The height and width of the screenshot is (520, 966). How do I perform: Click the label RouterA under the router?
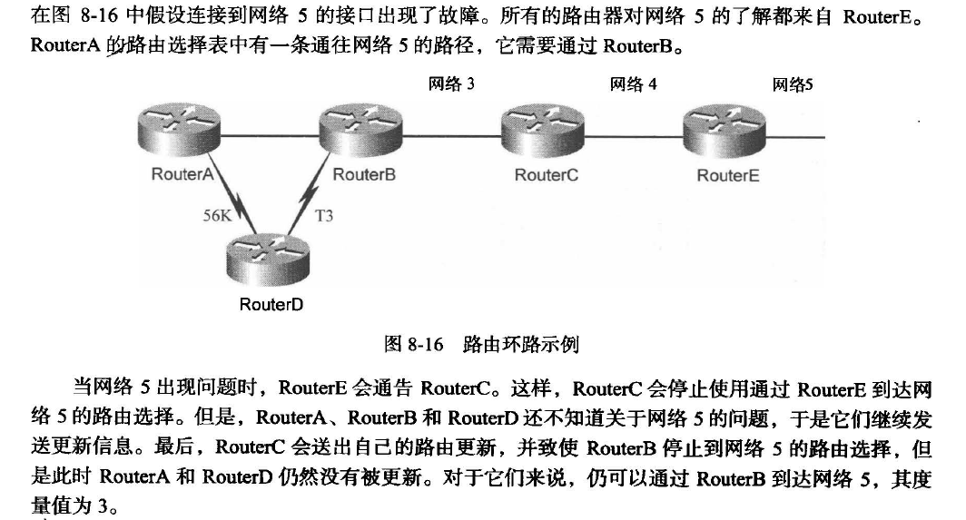[x=182, y=174]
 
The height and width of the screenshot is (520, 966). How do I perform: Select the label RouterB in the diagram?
[x=364, y=174]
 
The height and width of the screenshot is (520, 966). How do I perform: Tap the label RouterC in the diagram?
[x=546, y=175]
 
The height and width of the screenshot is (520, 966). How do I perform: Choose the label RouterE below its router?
[x=727, y=176]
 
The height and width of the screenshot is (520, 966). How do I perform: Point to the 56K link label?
[x=219, y=216]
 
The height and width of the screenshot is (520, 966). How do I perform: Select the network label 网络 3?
[x=452, y=84]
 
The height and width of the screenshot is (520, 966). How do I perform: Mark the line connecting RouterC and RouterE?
[x=634, y=136]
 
